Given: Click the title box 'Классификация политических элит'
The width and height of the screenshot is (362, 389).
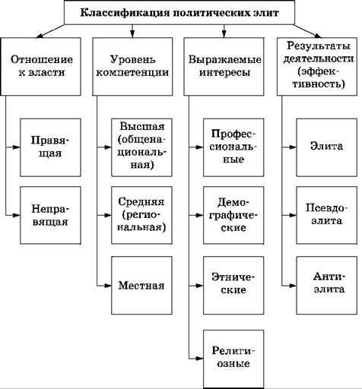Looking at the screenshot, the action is click(x=179, y=12).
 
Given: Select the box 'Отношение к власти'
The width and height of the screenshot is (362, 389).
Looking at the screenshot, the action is click(x=41, y=67).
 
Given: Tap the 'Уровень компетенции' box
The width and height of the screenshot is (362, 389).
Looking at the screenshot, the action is click(x=132, y=67).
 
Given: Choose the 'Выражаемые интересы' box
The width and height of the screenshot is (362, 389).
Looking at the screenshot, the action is click(x=224, y=67).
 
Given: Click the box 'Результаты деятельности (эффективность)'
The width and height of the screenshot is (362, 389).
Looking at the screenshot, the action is click(x=317, y=67).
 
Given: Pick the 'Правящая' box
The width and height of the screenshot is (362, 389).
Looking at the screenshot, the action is click(x=50, y=147).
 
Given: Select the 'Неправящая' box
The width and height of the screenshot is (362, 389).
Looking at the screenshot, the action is click(x=50, y=215).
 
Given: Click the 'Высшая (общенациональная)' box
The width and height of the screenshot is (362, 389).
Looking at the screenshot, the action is click(x=141, y=147).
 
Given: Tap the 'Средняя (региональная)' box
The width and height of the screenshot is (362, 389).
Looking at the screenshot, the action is click(x=141, y=215).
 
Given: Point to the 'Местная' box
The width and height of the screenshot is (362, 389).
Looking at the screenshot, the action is click(x=141, y=286).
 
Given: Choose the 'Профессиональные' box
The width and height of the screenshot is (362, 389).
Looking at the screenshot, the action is click(x=233, y=147).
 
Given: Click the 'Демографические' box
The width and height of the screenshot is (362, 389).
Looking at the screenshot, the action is click(x=233, y=215).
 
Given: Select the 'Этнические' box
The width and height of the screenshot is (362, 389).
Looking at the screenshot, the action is click(x=233, y=286).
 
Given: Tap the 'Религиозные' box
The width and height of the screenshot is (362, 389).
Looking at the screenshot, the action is click(x=233, y=359).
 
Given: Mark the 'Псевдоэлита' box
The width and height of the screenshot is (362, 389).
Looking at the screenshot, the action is click(x=327, y=215).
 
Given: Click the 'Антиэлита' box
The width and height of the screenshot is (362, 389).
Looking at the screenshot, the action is click(x=327, y=286).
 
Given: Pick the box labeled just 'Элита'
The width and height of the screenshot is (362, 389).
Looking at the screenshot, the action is click(x=327, y=147).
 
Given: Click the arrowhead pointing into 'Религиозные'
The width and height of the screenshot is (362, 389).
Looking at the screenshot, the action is click(x=200, y=359).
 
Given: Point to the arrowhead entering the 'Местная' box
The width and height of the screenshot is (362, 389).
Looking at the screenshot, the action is click(x=108, y=286).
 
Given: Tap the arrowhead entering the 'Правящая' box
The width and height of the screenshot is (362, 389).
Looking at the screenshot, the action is click(x=17, y=147).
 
